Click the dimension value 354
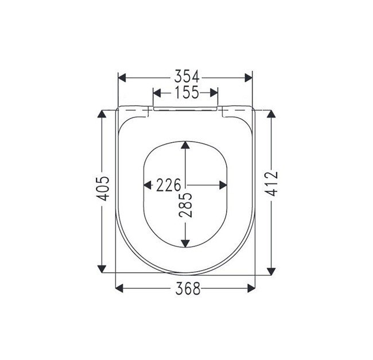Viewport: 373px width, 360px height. coord(187,76)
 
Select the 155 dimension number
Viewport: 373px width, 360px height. coord(187,92)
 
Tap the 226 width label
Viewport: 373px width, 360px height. coord(169,185)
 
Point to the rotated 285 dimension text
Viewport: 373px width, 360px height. coord(185,205)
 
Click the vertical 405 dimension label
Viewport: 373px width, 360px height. coord(103,189)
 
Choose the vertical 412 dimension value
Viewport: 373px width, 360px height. coord(271,183)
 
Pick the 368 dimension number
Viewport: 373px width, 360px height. coord(188,288)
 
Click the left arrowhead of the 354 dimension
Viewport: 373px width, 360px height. coord(122,78)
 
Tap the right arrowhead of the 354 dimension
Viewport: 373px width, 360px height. coord(248,78)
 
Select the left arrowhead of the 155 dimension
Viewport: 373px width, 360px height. coord(157,93)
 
